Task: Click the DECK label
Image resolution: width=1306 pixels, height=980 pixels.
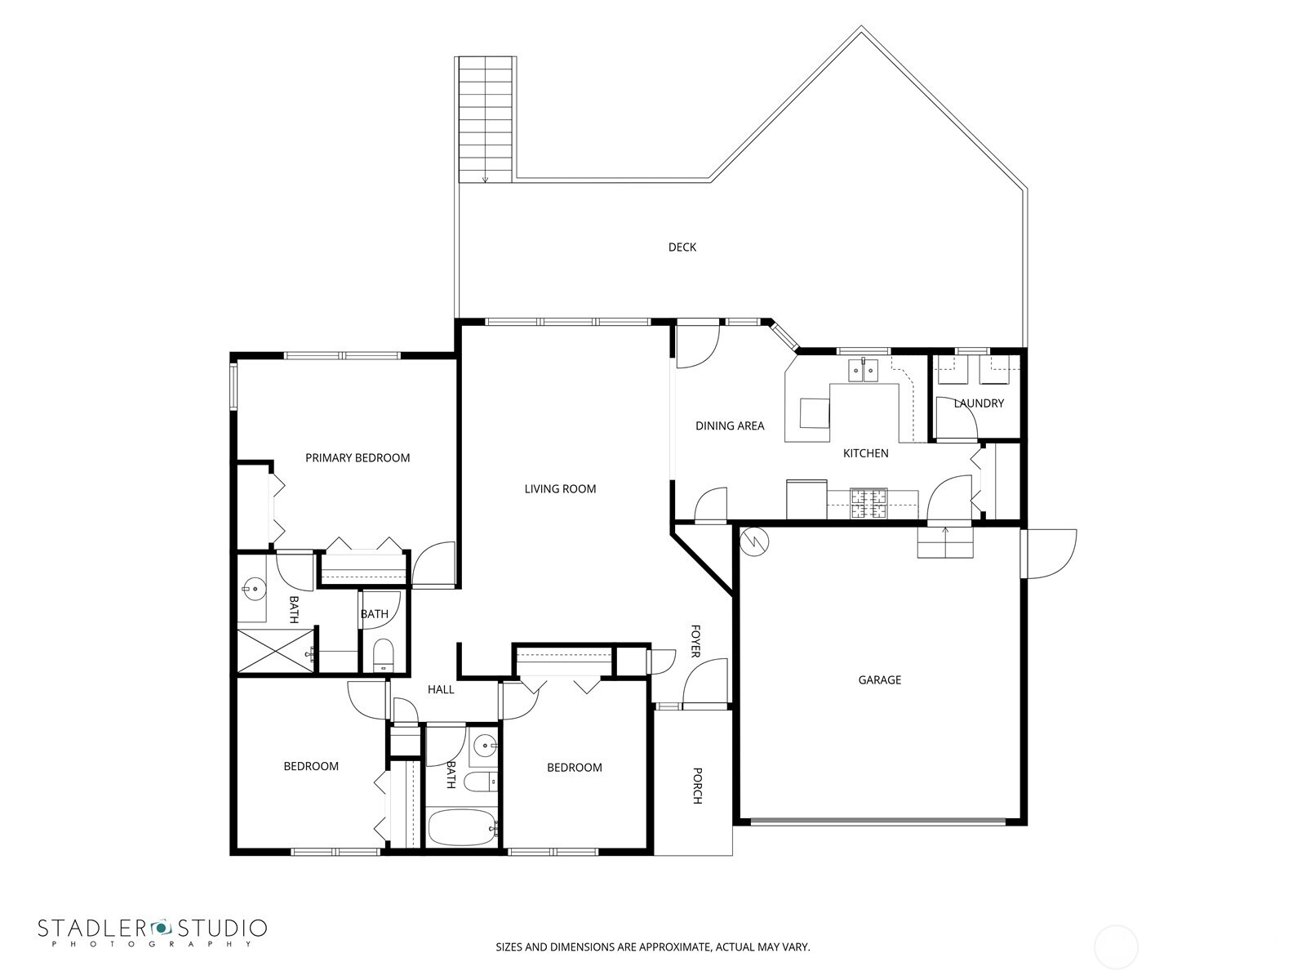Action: (x=682, y=247)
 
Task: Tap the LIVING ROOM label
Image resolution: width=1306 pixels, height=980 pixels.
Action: (x=560, y=489)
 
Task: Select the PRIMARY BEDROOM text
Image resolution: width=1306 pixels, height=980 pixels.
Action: (x=358, y=458)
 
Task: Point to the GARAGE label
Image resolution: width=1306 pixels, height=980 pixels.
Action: (x=879, y=679)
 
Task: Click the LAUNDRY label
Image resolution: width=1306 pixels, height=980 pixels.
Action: (x=978, y=403)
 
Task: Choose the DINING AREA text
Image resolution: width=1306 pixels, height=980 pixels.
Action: (x=730, y=425)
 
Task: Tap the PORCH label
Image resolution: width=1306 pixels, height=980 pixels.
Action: (x=697, y=785)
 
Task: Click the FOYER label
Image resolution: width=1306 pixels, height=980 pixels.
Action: (x=695, y=641)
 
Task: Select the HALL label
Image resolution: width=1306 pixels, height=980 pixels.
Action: (x=441, y=689)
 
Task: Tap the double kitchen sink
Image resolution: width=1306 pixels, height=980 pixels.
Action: (x=863, y=372)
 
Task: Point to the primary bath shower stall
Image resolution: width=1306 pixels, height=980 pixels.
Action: (x=275, y=650)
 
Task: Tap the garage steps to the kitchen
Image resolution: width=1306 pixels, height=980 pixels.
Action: (x=945, y=543)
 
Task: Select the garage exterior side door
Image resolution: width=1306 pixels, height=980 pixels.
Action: (x=1049, y=554)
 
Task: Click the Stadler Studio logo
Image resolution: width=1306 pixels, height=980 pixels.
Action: (x=152, y=932)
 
